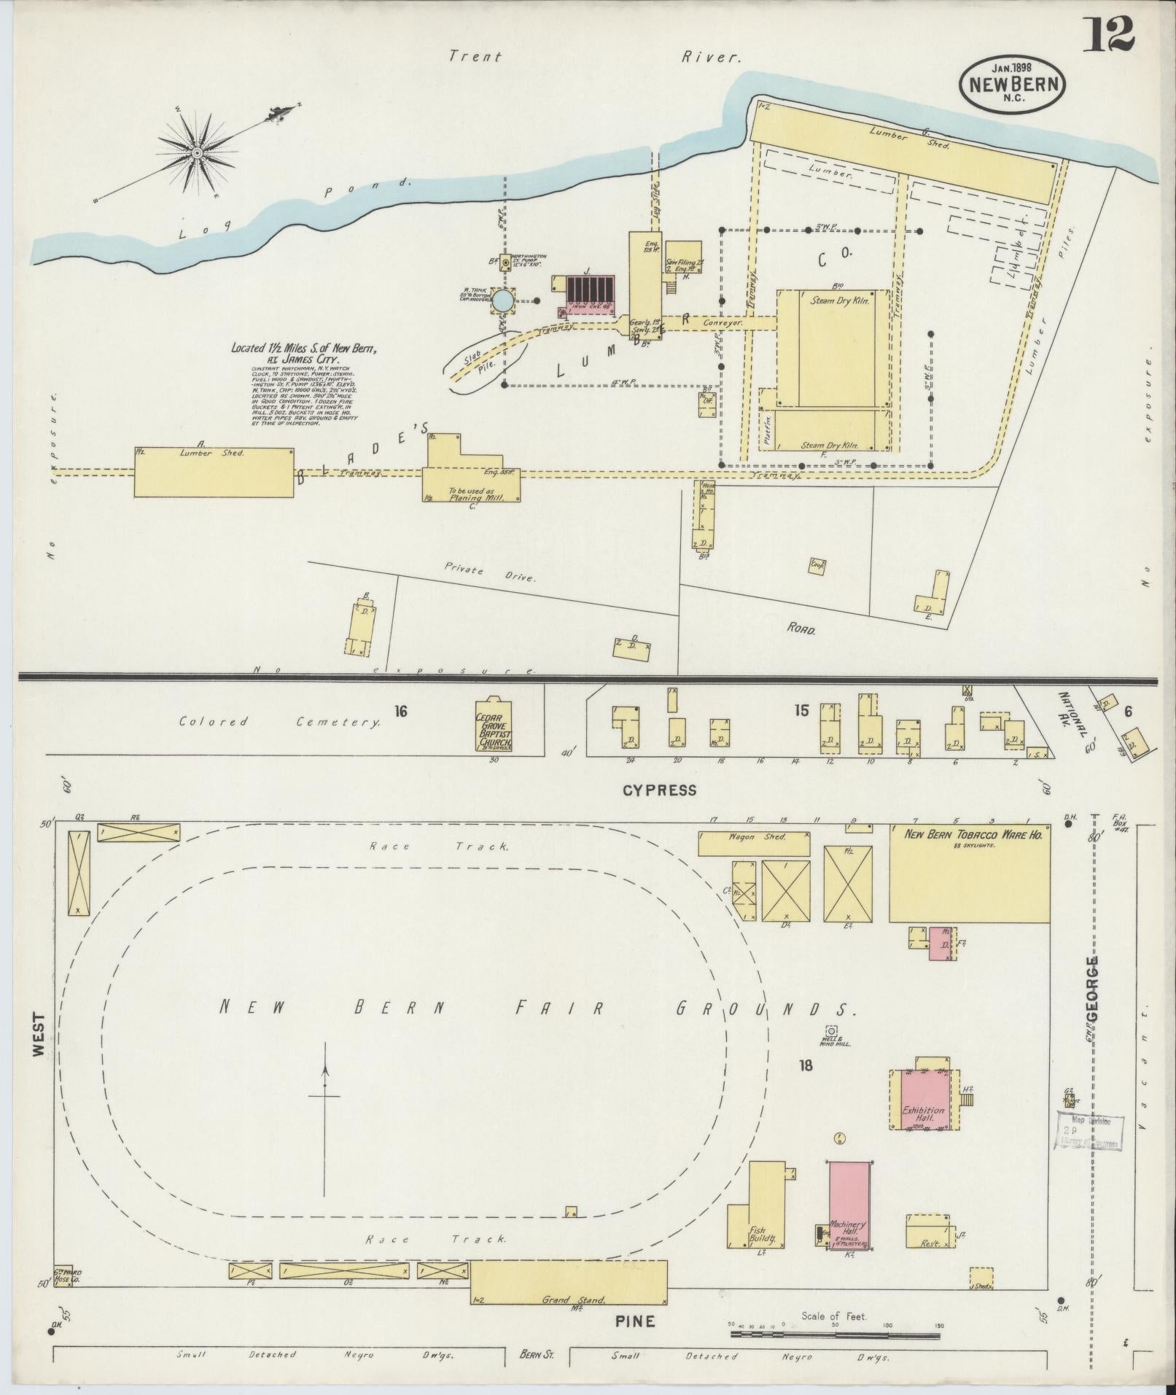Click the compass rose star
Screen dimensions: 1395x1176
197,152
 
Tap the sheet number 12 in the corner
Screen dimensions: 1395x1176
1107,34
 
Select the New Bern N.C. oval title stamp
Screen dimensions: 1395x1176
1014,85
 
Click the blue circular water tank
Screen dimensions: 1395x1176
503,300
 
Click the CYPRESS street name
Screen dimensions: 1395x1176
659,790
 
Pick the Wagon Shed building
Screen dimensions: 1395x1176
754,843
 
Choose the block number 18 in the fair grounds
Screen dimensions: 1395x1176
805,1065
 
